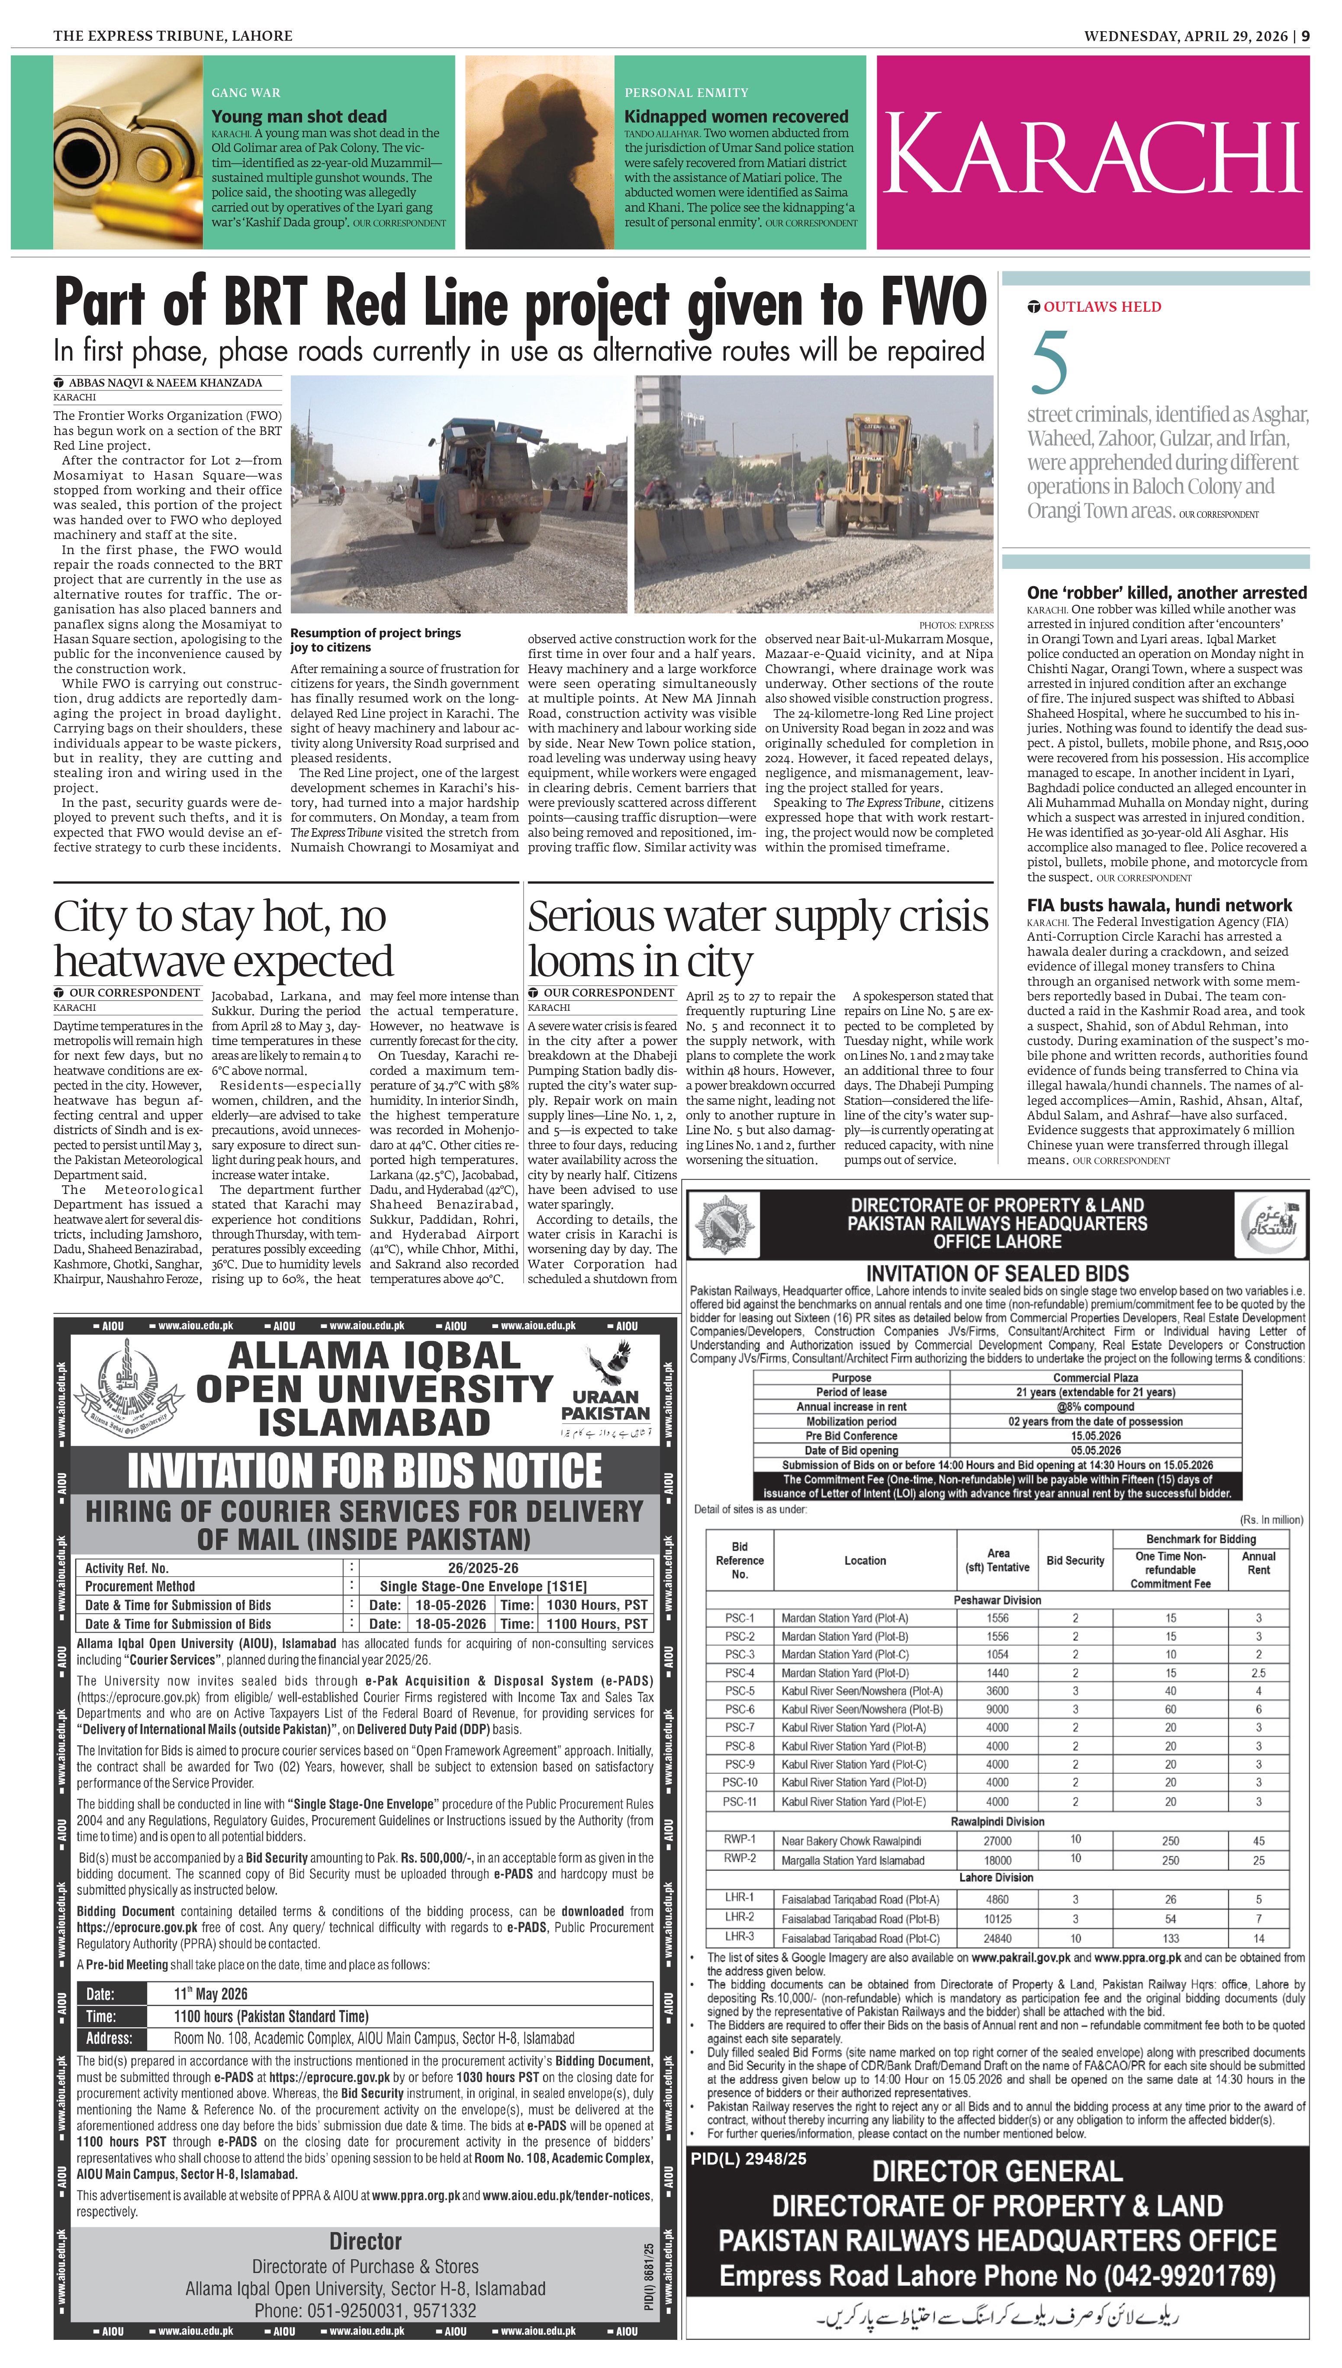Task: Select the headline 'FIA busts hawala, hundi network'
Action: click(1159, 905)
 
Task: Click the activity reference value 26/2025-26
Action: click(483, 1568)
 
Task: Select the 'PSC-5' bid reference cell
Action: click(739, 1691)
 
